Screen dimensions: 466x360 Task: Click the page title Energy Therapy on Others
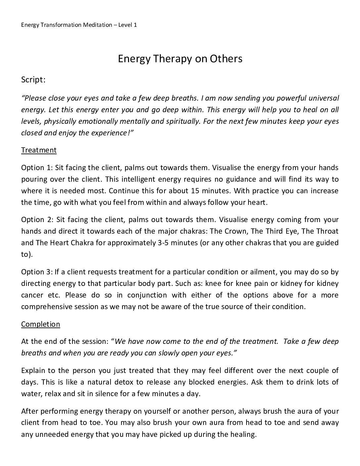180,59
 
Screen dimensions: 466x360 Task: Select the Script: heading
33,80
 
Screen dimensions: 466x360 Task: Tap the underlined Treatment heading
39,150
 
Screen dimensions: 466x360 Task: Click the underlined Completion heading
40,324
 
